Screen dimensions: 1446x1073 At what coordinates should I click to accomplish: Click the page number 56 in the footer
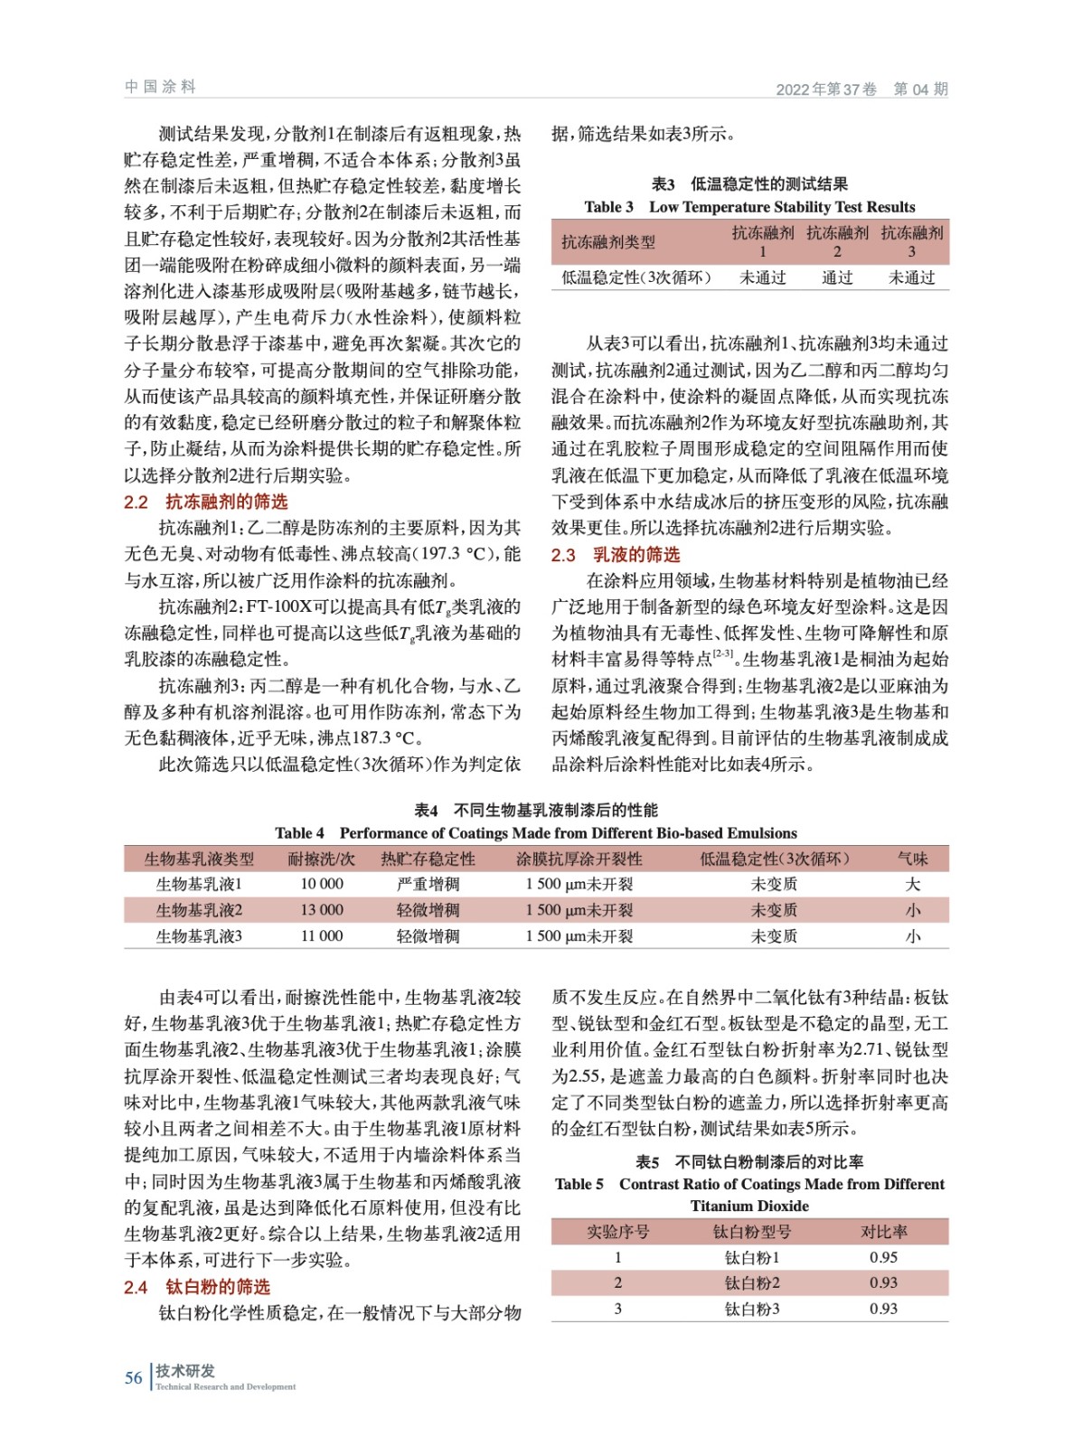pyautogui.click(x=133, y=1377)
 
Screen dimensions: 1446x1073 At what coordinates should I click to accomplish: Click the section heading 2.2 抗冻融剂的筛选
pyautogui.click(x=206, y=502)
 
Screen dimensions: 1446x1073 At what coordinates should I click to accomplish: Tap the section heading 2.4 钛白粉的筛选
pyautogui.click(x=197, y=1286)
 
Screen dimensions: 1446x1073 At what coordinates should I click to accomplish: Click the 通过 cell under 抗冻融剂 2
pyautogui.click(x=837, y=277)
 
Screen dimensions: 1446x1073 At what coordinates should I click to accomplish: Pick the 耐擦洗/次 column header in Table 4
pyautogui.click(x=321, y=859)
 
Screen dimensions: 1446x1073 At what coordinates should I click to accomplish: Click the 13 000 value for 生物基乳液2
pyautogui.click(x=322, y=910)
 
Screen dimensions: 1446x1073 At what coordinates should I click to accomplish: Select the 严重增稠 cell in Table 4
pyautogui.click(x=428, y=884)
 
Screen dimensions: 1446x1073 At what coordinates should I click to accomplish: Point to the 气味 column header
pyautogui.click(x=912, y=859)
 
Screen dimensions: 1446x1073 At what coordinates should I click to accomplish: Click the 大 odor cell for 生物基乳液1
pyautogui.click(x=912, y=884)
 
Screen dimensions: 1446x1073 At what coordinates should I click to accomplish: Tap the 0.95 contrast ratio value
pyautogui.click(x=883, y=1257)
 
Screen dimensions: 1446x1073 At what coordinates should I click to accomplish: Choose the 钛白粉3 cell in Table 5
pyautogui.click(x=751, y=1309)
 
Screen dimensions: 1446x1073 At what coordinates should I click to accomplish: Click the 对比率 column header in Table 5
pyautogui.click(x=883, y=1231)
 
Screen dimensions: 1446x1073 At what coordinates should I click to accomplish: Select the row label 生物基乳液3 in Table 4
pyautogui.click(x=199, y=936)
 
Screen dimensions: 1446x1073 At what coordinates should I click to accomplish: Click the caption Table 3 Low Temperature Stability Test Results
pyautogui.click(x=749, y=207)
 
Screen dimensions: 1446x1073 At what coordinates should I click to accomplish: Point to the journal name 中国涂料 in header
pyautogui.click(x=160, y=87)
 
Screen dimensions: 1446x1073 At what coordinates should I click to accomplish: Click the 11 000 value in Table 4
pyautogui.click(x=322, y=936)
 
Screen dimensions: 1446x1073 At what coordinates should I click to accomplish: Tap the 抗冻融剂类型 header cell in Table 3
pyautogui.click(x=607, y=241)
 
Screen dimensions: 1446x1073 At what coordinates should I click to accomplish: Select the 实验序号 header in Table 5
pyautogui.click(x=617, y=1231)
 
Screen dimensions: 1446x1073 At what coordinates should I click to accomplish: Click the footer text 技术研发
pyautogui.click(x=185, y=1370)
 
